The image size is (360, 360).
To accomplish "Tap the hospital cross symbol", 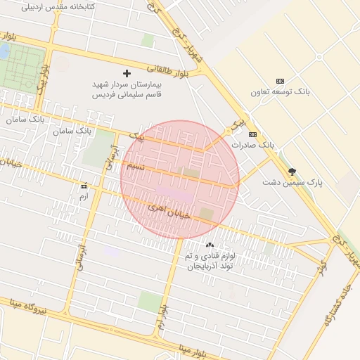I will [x=127, y=73].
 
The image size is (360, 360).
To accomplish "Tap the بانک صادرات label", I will [x=253, y=144].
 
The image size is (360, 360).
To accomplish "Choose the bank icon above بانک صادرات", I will [x=253, y=134].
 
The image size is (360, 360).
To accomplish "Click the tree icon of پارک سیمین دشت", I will [x=292, y=171].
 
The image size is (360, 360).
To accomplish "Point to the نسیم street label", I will [x=136, y=167].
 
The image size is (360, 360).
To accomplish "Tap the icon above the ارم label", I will [x=84, y=186].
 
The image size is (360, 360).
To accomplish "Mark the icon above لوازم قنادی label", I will [x=210, y=245].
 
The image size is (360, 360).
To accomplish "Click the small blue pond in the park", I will [x=4, y=51].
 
